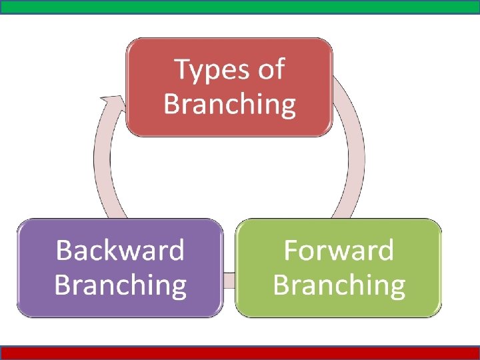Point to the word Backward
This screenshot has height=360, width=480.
coord(120,251)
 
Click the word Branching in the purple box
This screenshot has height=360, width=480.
coord(120,285)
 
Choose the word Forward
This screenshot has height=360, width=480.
coord(339,251)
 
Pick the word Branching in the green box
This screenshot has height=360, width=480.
coord(339,285)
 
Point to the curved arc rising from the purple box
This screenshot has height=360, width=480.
coord(103,167)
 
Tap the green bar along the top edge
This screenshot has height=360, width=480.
coord(240,7)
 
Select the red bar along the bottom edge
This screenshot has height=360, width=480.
coord(240,353)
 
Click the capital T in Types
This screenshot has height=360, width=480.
coord(182,69)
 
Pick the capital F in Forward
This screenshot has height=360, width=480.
coord(291,251)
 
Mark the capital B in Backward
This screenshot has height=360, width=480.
coord(64,251)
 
